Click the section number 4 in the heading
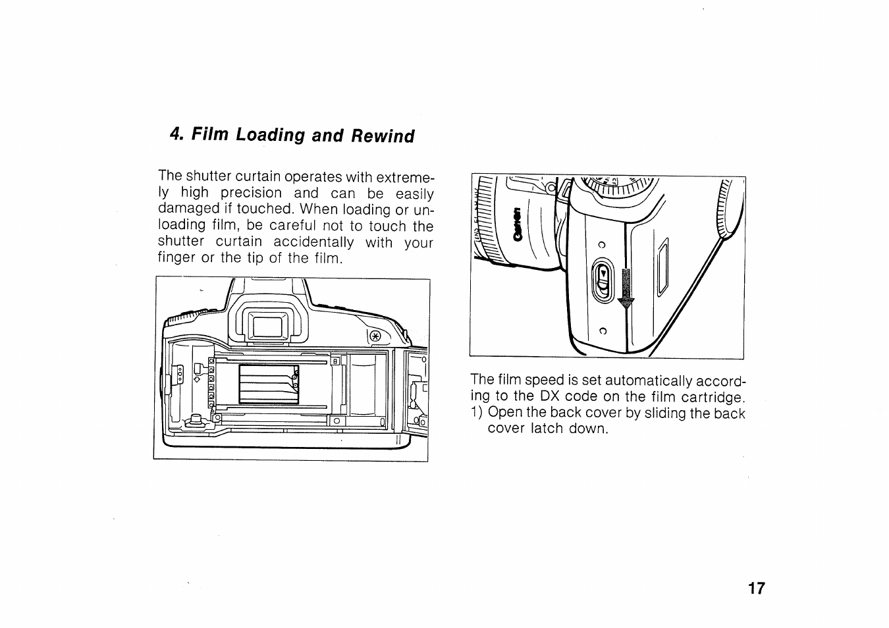(174, 134)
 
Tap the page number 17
(757, 589)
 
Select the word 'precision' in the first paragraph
(251, 194)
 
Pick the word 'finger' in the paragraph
(176, 258)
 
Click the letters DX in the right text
(550, 397)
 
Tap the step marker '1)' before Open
(477, 413)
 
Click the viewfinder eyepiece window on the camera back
(268, 325)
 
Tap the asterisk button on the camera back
(376, 335)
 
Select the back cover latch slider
(603, 281)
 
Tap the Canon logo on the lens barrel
(518, 223)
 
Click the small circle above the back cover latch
(601, 246)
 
